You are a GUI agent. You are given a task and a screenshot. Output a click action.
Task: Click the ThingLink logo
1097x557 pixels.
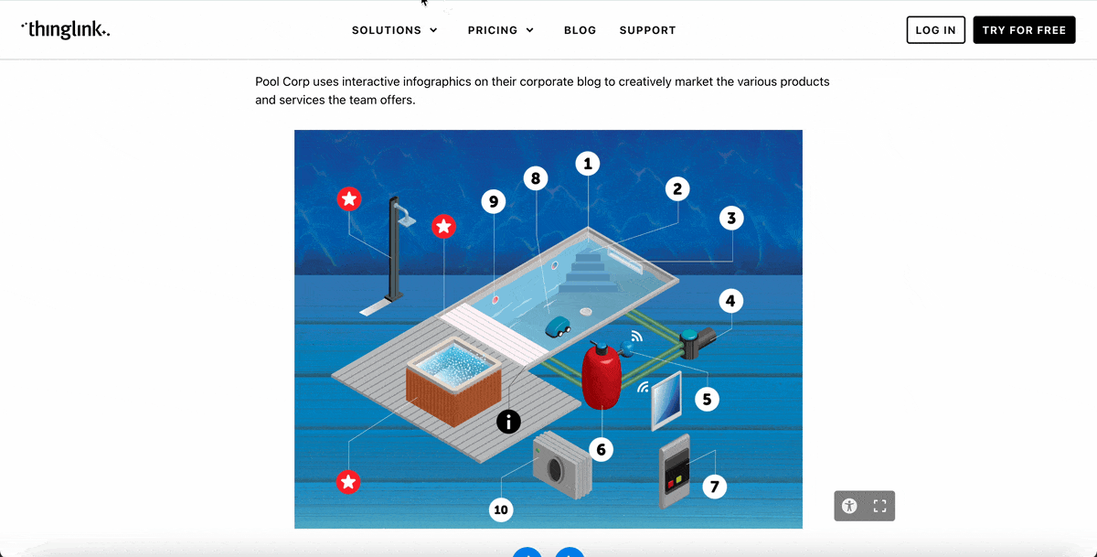[x=65, y=29]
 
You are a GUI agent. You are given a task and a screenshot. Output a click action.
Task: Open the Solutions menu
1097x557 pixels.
[x=395, y=30]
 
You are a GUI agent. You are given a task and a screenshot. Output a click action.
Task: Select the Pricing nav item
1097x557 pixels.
[x=500, y=30]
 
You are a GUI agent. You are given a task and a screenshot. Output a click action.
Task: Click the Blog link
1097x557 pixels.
[x=580, y=30]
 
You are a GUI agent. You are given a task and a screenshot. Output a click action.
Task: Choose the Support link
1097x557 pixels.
[x=647, y=30]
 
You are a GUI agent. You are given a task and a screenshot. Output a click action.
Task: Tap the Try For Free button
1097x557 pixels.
[x=1024, y=30]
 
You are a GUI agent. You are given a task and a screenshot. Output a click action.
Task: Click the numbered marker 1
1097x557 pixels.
[x=588, y=164]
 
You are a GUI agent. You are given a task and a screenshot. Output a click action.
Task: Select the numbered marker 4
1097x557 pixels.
[x=730, y=300]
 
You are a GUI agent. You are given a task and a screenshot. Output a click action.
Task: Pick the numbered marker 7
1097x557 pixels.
[x=714, y=486]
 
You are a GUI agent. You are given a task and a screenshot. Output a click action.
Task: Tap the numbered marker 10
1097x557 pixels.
[x=501, y=509]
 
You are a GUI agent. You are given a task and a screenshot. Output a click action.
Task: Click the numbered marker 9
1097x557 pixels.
[x=494, y=201]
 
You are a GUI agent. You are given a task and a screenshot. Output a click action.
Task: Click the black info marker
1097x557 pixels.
[x=508, y=421]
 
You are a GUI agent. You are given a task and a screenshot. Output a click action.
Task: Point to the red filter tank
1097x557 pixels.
[x=602, y=378]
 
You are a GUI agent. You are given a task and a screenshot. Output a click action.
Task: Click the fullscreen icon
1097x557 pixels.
[x=879, y=506]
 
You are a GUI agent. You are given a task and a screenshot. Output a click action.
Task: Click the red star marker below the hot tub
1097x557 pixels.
[x=347, y=481]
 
